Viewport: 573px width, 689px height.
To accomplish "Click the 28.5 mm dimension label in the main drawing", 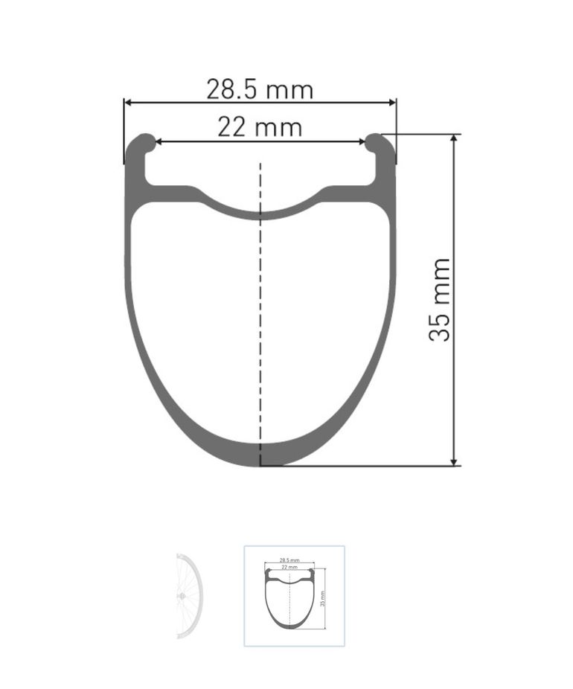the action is tap(260, 89).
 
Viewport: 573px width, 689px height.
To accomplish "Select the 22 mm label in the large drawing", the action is tap(260, 127).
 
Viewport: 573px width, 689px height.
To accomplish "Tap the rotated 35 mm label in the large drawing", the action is tap(439, 300).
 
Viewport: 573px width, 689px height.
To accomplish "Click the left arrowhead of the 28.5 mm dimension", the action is tap(128, 103).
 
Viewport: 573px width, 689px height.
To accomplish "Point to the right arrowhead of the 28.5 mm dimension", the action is tap(391, 103).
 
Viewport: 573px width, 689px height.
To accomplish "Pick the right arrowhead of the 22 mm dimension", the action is tap(361, 141).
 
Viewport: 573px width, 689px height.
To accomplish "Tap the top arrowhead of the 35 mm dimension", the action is tap(455, 138).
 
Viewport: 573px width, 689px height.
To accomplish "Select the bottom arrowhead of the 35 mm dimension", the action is tap(455, 461).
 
